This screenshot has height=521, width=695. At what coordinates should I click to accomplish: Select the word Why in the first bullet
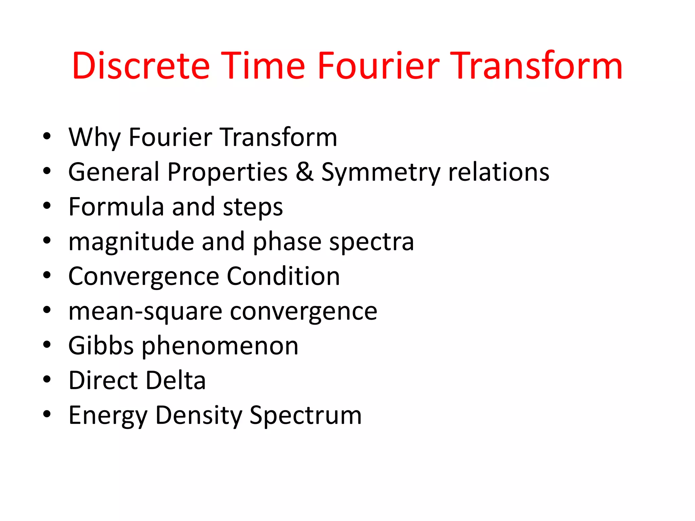pos(94,137)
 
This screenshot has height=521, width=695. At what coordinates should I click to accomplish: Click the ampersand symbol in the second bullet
pos(304,172)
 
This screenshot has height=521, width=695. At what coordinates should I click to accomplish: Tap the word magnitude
pos(131,242)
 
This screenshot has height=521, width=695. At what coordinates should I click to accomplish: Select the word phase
pos(287,242)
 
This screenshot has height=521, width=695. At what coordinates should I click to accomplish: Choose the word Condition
pos(283,276)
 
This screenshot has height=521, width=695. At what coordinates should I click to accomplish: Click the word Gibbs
pos(101,346)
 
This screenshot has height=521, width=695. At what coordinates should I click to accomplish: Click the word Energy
pos(108,416)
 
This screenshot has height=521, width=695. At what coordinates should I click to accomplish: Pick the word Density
pos(199,416)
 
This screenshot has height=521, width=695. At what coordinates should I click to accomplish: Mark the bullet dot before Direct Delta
pos(47,379)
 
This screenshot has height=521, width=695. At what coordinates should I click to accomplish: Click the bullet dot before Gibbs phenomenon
pos(47,344)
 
